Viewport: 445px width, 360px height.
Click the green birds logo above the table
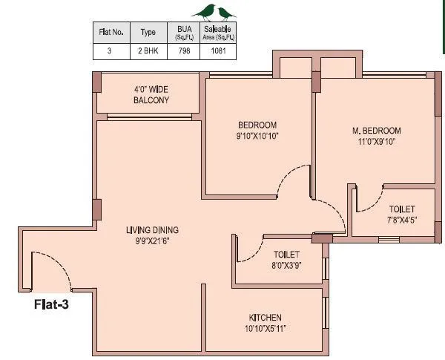214,11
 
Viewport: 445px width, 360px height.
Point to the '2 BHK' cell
148,52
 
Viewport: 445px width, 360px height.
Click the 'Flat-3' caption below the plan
51,303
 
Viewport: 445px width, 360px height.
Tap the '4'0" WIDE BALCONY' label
151,94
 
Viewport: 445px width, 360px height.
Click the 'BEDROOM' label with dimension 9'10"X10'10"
257,125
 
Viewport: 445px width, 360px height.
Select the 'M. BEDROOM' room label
376,131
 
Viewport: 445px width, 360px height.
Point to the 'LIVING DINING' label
152,229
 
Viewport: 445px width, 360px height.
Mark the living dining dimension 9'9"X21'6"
152,240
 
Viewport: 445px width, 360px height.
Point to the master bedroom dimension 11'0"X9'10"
376,142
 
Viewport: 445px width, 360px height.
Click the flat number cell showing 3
111,52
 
